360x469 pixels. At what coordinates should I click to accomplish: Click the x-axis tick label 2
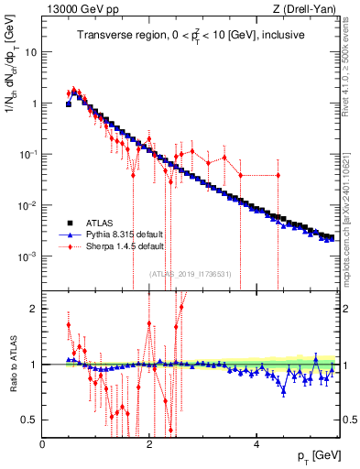pyautogui.click(x=149, y=444)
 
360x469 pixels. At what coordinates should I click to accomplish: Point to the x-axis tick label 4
pyautogui.click(x=256, y=444)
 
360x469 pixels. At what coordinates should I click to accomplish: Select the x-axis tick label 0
pyautogui.click(x=43, y=444)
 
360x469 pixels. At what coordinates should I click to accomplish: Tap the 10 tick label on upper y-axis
pyautogui.click(x=30, y=52)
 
